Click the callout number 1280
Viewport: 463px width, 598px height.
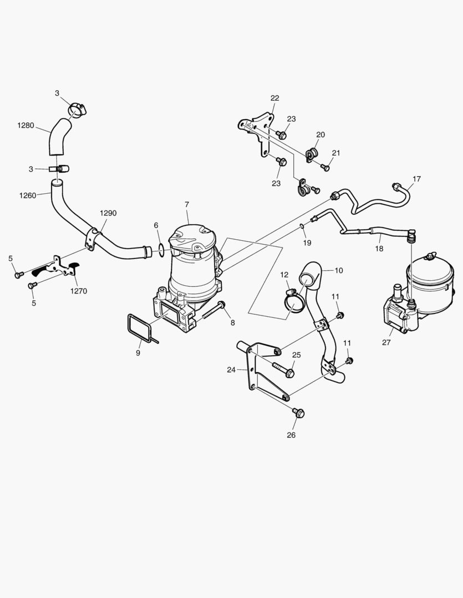pos(26,126)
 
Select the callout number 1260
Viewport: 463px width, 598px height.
pos(28,195)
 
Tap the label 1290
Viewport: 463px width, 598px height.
pos(109,213)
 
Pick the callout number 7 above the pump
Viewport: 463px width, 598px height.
pos(187,205)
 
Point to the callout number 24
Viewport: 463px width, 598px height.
pos(231,370)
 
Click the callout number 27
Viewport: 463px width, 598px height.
pos(386,343)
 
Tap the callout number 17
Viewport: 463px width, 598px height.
pos(416,179)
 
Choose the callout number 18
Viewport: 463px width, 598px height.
pos(379,249)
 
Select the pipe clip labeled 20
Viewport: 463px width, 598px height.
pos(313,153)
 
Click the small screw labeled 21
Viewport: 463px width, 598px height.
pos(326,167)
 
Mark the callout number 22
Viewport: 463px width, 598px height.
pos(274,98)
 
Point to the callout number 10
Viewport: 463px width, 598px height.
pos(339,270)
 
